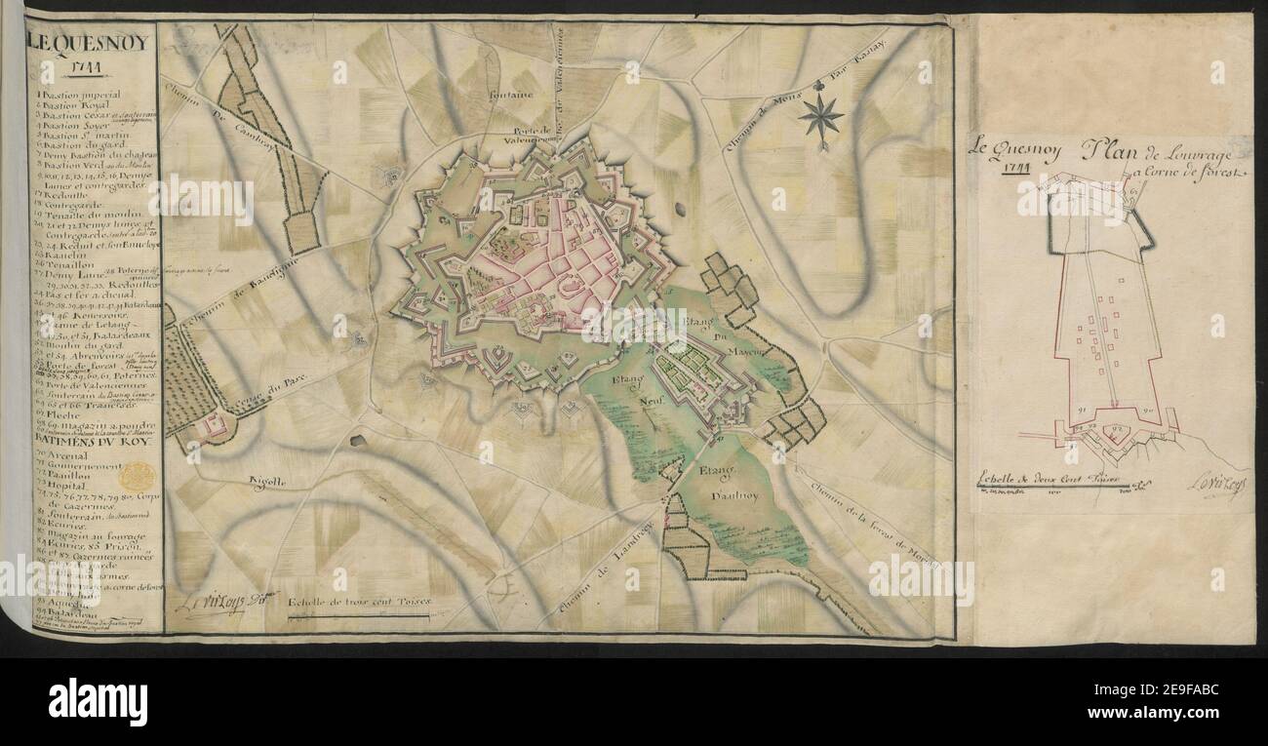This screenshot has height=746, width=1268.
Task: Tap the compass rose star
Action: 821,117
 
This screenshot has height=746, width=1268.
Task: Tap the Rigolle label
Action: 264,481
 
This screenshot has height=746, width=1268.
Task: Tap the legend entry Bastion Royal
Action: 82,104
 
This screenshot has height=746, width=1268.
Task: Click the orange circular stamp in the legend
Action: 139,477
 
